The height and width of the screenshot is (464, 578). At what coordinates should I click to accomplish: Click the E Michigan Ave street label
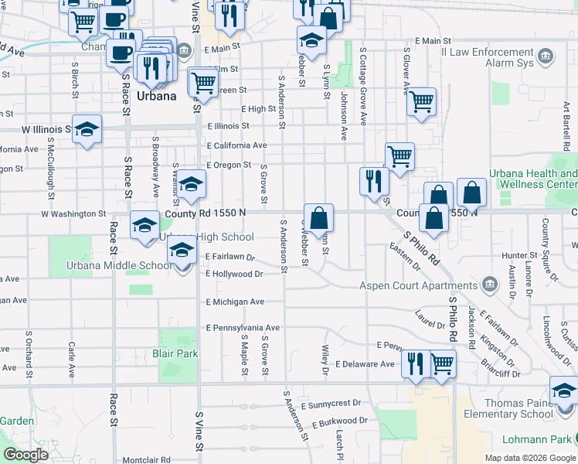point(235,302)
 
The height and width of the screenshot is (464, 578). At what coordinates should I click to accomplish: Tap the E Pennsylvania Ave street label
point(242,327)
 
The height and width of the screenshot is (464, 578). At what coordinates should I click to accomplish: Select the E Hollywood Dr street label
point(235,274)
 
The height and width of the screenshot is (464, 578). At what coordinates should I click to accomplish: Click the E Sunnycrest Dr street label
point(331,404)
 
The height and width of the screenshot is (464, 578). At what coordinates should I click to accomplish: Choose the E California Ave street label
point(236,145)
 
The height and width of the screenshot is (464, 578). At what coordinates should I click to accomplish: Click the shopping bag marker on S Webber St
point(318,219)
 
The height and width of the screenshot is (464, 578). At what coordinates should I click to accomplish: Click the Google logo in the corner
point(25,455)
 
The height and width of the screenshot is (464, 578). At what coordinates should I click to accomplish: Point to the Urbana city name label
point(157,97)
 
